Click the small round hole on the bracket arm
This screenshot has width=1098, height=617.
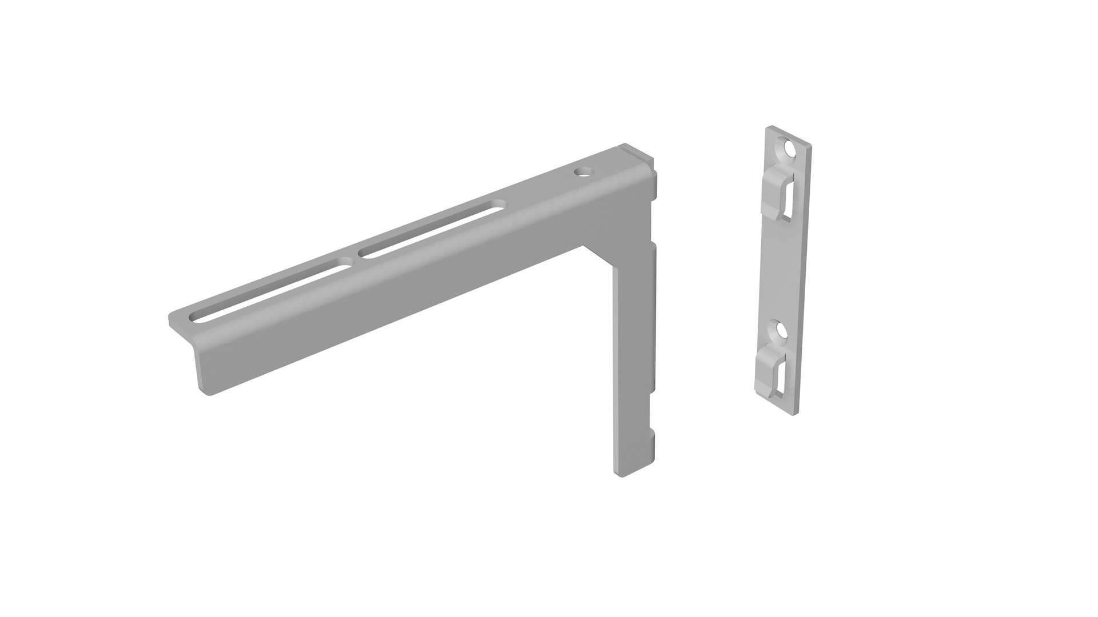(583, 171)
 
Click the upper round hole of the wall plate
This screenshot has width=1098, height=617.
(790, 150)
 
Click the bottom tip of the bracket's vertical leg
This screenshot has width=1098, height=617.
(629, 471)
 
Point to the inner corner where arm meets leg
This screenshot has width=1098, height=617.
(584, 247)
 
